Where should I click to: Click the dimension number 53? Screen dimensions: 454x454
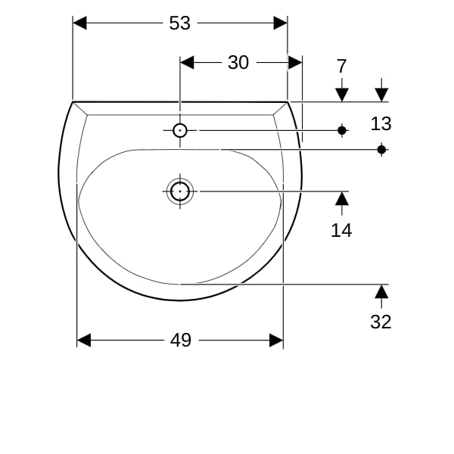(x=180, y=23)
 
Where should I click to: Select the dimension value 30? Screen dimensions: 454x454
(x=238, y=63)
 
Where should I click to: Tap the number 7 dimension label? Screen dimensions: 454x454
(x=342, y=67)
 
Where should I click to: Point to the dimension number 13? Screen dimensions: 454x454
(x=381, y=123)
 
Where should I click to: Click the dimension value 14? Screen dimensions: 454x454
(x=341, y=231)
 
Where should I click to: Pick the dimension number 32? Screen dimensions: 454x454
(x=381, y=322)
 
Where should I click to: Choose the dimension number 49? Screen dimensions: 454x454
(x=181, y=340)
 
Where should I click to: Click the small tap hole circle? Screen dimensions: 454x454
(x=180, y=131)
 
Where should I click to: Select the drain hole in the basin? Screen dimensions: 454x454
(x=180, y=191)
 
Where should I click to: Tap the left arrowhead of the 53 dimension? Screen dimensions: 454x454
(x=79, y=23)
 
